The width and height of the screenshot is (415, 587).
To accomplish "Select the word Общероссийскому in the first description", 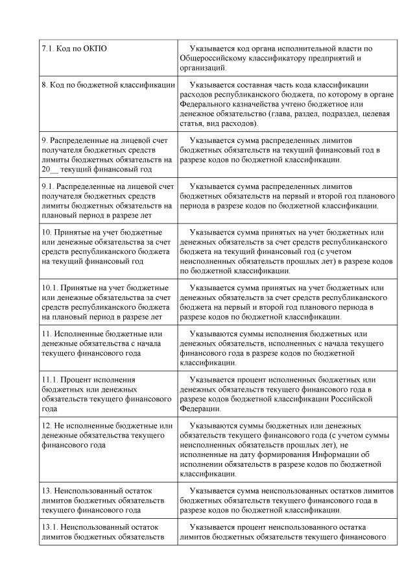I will pyautogui.click(x=215, y=58).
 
